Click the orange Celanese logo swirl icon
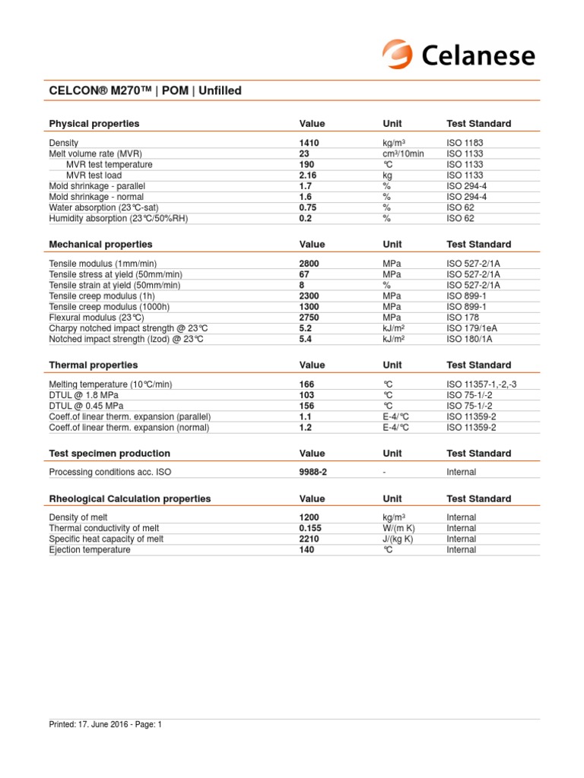[x=397, y=55]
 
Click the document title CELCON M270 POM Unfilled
[x=145, y=91]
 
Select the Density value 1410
[x=309, y=143]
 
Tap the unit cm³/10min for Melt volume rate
[x=403, y=153]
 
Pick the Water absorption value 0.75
[x=309, y=207]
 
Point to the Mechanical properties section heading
[x=100, y=245]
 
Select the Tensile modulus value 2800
[x=309, y=264]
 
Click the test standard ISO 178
[x=464, y=317]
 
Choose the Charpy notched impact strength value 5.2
[x=306, y=328]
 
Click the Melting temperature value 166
[x=306, y=384]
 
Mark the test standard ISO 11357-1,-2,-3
[x=481, y=384]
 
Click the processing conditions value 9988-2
[x=313, y=472]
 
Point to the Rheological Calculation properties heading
[x=130, y=499]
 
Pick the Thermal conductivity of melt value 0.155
[x=311, y=528]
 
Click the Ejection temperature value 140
[x=306, y=549]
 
